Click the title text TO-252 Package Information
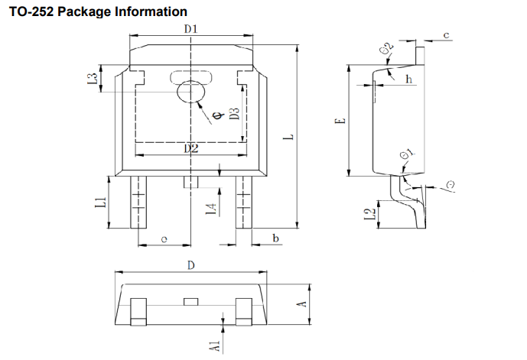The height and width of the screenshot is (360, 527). point(98,11)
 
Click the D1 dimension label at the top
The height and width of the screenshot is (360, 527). point(191,29)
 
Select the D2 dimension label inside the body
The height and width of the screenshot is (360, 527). point(191,148)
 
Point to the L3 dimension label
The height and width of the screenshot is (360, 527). point(92,79)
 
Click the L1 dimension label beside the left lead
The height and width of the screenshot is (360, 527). point(99,203)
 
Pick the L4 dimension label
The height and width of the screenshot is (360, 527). point(212,208)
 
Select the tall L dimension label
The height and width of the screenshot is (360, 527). point(288,138)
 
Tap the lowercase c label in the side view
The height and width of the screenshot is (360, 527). point(445,34)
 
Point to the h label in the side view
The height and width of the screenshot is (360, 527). point(408,79)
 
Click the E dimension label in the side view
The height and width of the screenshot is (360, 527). point(341,120)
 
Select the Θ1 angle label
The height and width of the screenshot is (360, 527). point(407,156)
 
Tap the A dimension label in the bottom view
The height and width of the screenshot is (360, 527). point(303,304)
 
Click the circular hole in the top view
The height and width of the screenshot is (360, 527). point(191,92)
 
